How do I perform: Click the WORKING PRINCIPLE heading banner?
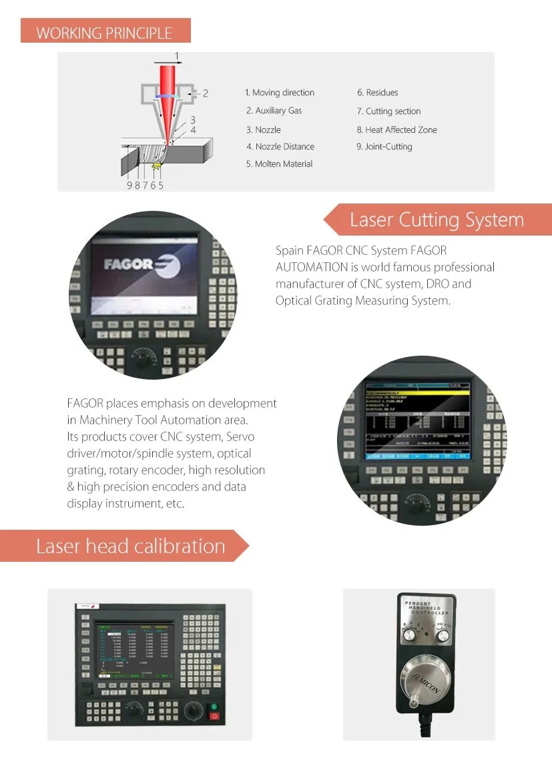coord(105,33)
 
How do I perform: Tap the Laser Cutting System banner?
coord(437,220)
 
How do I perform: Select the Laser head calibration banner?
coord(130,546)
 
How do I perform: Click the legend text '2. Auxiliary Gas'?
coord(274,111)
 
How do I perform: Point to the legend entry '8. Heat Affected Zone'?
coord(396,129)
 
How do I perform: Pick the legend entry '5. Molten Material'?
coord(279,163)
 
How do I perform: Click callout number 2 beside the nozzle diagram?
coord(206,93)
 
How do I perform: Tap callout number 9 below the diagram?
coord(129,185)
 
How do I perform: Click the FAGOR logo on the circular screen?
coord(137,264)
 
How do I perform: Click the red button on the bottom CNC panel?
coord(214,717)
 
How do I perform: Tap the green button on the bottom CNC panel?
coord(214,707)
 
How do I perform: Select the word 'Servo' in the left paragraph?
coord(240,437)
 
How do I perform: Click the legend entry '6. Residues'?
coord(377,93)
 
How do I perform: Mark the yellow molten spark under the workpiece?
coord(158,164)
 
